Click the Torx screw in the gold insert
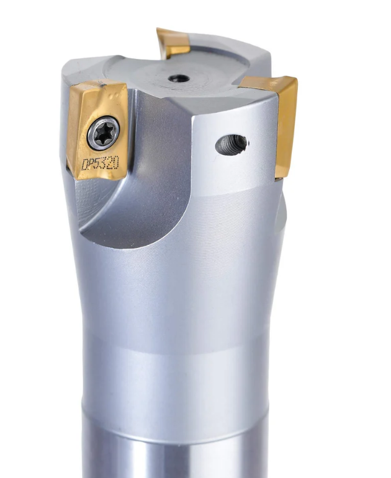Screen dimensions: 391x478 click(104, 133)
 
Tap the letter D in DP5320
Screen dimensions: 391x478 click(85, 165)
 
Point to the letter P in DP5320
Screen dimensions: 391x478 click(92, 164)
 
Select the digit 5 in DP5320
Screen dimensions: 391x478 click(98, 164)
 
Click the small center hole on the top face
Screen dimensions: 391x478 click(179, 78)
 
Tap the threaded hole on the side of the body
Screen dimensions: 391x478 click(231, 145)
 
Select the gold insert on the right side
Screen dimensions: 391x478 click(275, 119)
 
